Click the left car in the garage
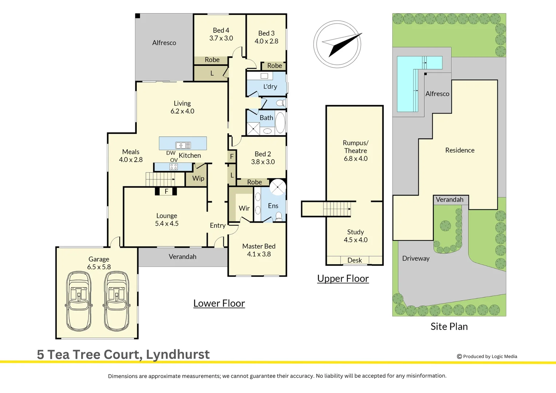click(79, 301)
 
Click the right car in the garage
click(116, 301)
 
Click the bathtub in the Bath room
click(280, 123)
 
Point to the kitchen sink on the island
click(183, 145)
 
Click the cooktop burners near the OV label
click(174, 167)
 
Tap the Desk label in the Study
click(354, 260)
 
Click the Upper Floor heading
click(343, 278)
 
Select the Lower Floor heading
click(219, 303)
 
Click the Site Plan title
click(449, 326)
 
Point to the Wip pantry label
click(198, 178)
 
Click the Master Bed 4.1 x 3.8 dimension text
click(259, 254)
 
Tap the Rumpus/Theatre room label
click(356, 147)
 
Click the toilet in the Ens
click(279, 216)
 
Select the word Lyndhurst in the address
click(178, 354)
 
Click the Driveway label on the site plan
click(416, 258)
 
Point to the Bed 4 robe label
click(212, 60)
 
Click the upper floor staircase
click(337, 209)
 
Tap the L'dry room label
click(270, 86)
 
